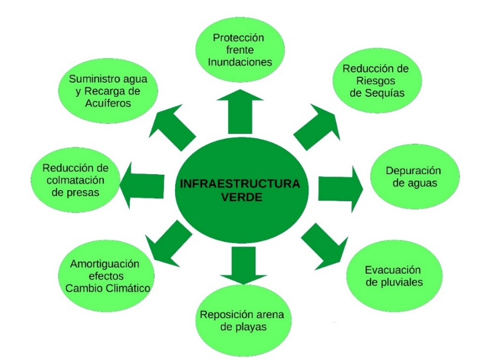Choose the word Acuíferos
coord(107,103)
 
